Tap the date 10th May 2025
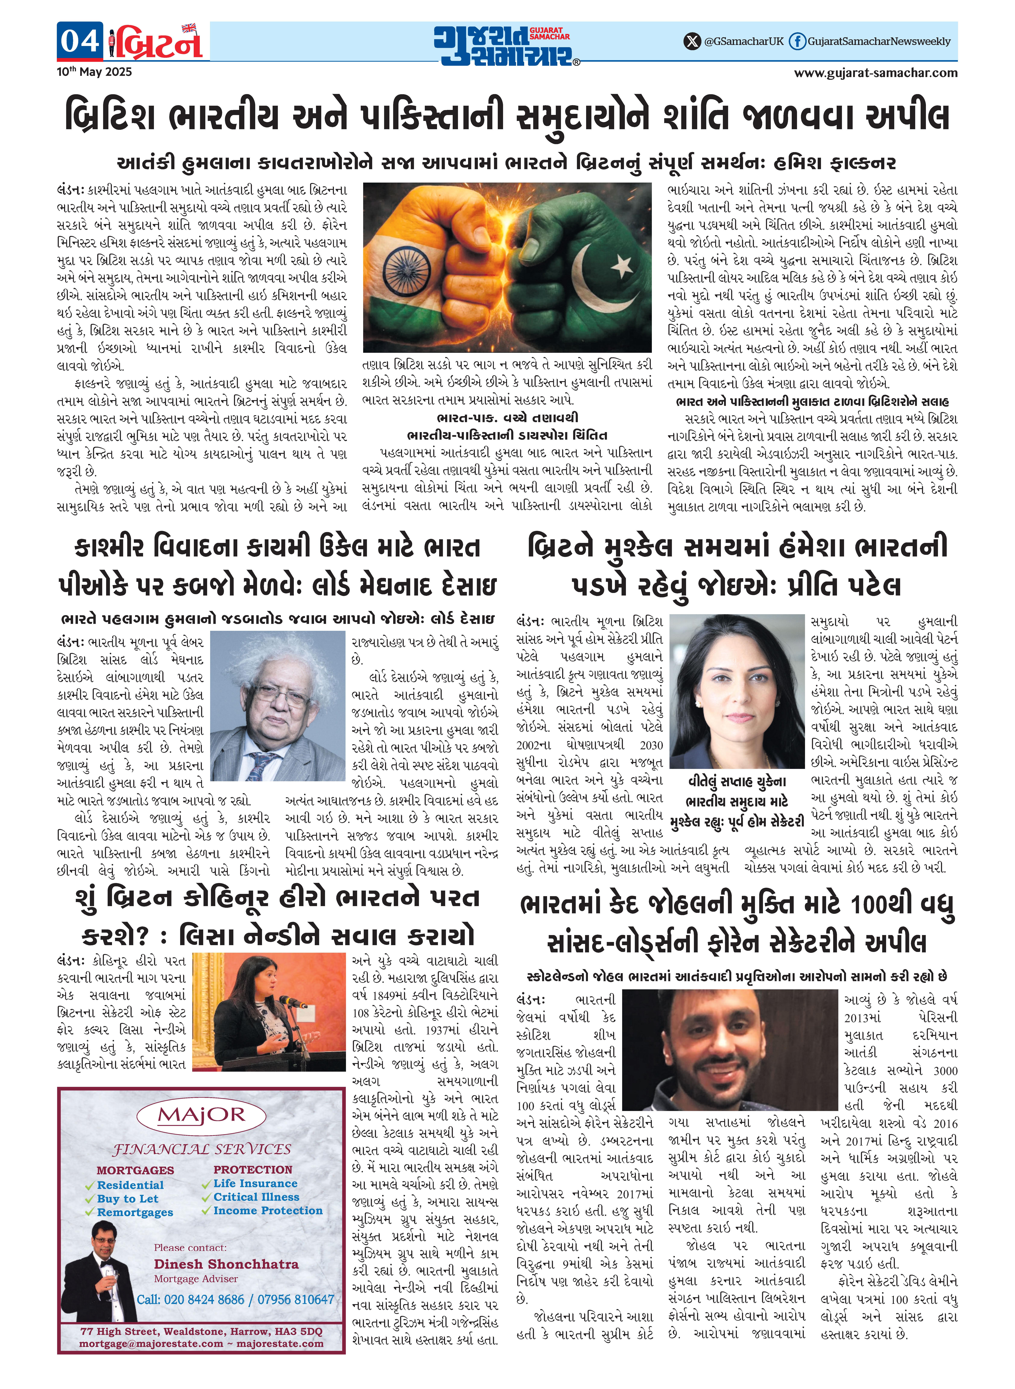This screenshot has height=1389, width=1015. [x=94, y=72]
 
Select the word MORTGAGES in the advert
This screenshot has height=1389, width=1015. [x=135, y=1170]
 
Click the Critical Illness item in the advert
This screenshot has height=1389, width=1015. [x=256, y=1197]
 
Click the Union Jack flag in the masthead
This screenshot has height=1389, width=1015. [x=189, y=28]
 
